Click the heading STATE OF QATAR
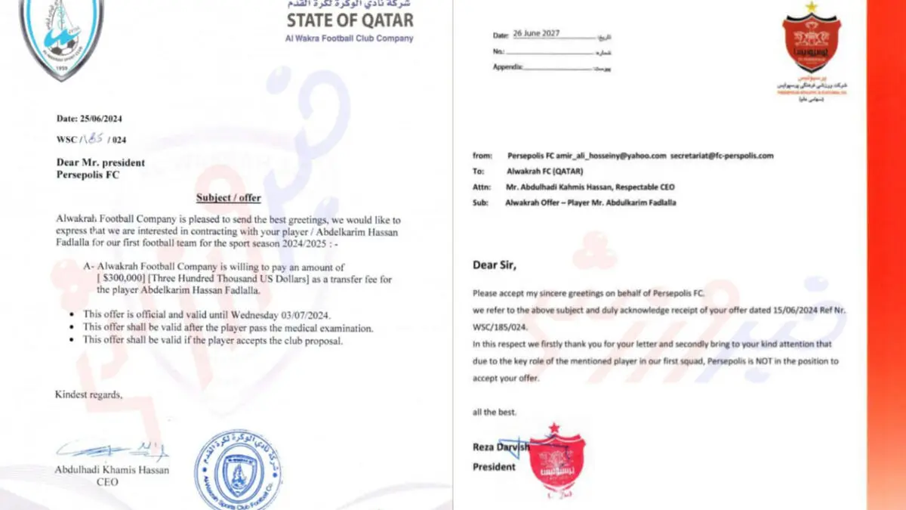tap(350, 20)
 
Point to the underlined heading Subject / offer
tap(228, 198)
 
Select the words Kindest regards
tap(88, 394)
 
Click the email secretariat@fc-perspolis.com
tap(726, 156)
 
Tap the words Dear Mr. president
tap(100, 162)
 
